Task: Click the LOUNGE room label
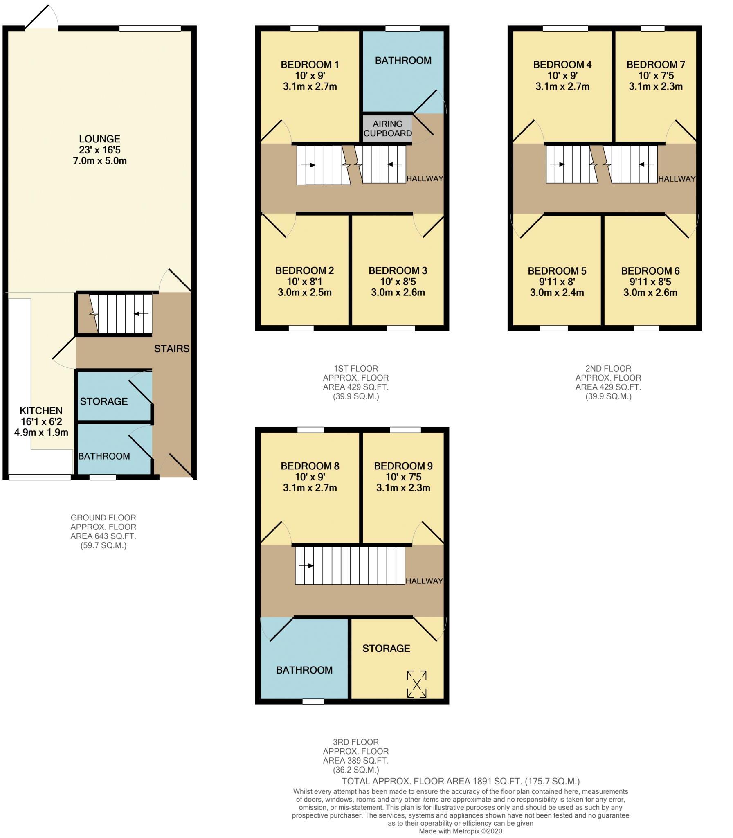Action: click(x=100, y=139)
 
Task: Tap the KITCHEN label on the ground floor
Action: click(x=41, y=410)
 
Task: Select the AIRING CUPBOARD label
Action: click(x=387, y=128)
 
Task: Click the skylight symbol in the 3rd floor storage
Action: click(x=416, y=684)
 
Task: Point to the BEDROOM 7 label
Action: click(x=656, y=65)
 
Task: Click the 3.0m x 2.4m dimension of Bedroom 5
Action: click(x=557, y=293)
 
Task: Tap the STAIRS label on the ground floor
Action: click(x=172, y=349)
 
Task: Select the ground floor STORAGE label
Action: click(x=104, y=401)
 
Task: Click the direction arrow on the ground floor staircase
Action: click(x=142, y=314)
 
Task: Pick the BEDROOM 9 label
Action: click(x=403, y=466)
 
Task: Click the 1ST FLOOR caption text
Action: click(x=356, y=368)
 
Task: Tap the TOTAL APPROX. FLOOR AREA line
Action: click(x=461, y=781)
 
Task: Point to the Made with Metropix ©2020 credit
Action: click(x=461, y=831)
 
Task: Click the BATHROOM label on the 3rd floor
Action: click(x=304, y=670)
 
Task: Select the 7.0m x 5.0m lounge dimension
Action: click(x=100, y=161)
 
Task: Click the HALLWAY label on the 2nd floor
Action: click(x=677, y=179)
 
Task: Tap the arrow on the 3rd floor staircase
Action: click(x=306, y=566)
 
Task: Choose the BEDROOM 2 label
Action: click(x=305, y=270)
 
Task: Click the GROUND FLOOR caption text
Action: click(x=103, y=518)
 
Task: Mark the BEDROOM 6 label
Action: click(x=650, y=271)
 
